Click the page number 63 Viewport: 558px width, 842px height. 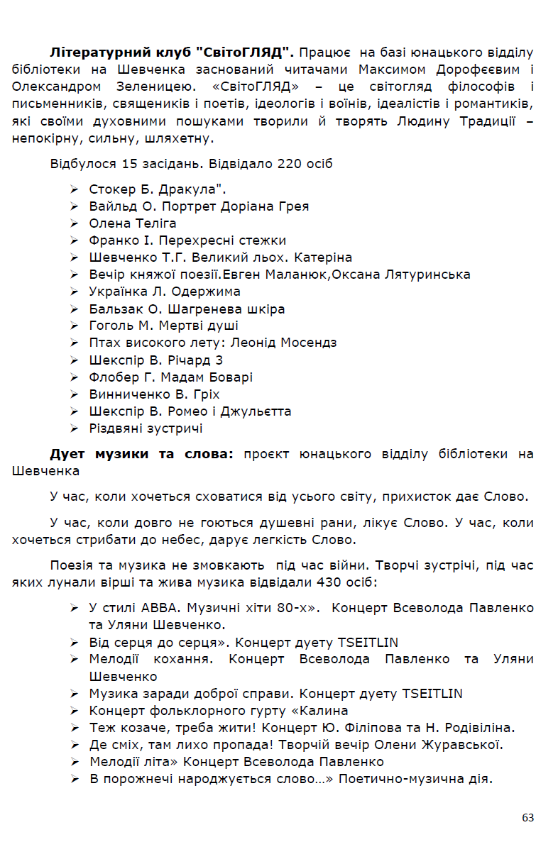[527, 817]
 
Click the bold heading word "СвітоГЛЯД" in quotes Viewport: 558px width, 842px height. [245, 52]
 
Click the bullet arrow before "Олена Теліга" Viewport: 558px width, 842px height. [74, 223]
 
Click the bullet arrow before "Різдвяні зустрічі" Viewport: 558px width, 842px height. [74, 428]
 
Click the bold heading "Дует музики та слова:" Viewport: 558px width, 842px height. [141, 453]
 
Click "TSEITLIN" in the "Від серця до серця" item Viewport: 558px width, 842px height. [368, 643]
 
